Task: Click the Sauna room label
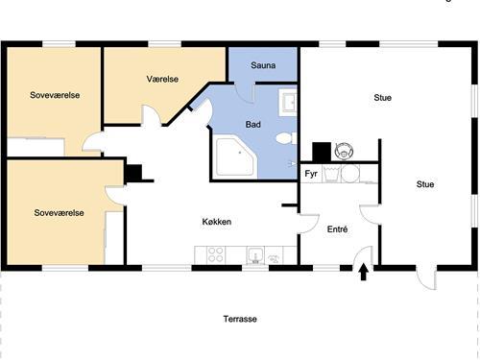263,65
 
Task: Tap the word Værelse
162,79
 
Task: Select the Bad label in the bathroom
253,125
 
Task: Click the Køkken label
217,222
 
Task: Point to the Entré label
337,229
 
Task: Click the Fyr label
311,174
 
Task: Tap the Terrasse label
240,319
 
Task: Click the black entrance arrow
363,272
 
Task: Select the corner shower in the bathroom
236,156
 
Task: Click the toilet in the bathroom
286,138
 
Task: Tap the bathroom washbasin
288,102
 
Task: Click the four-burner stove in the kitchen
215,254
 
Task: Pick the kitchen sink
255,255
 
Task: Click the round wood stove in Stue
344,151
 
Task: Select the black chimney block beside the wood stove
322,152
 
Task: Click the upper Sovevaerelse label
55,95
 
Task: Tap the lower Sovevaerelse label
59,213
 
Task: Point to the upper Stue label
383,98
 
